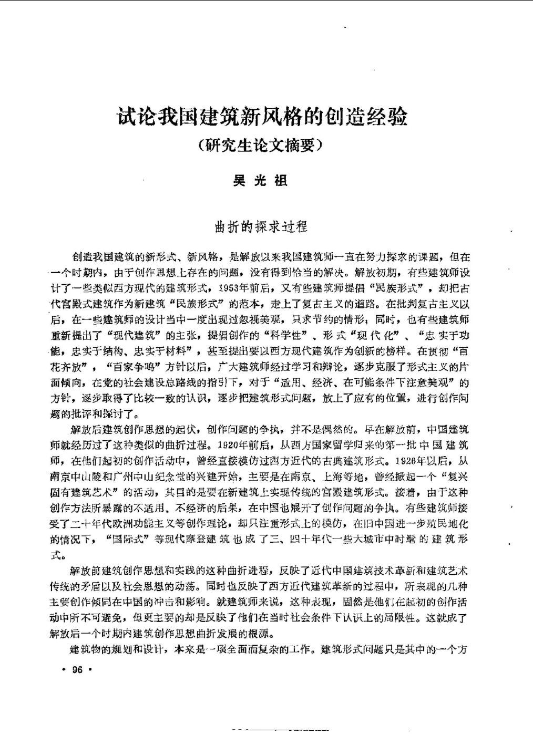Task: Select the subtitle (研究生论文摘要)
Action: pos(260,145)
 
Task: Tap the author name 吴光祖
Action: pos(260,181)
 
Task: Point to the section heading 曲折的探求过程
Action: pos(261,227)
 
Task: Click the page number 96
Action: pos(77,670)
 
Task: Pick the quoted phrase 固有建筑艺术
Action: pos(91,493)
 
